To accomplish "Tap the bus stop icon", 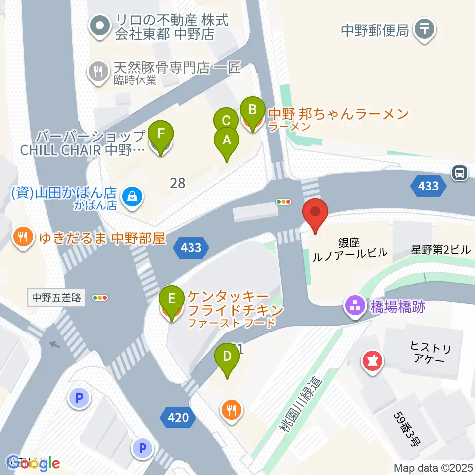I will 460,173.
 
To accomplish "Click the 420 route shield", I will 178,418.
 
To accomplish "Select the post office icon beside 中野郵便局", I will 425,30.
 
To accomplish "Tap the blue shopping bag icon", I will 133,197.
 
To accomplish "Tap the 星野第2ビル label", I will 440,250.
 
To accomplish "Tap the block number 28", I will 177,183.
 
